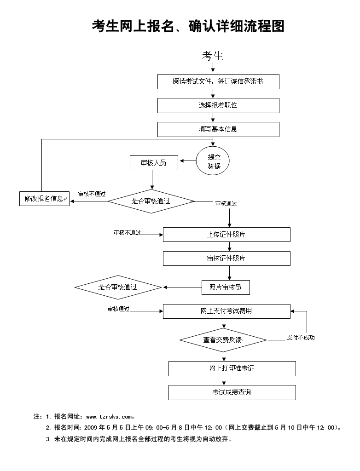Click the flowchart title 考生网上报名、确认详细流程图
click(188, 26)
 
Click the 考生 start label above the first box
click(212, 56)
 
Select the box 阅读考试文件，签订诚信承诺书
click(218, 81)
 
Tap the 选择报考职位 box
click(218, 105)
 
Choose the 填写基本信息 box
click(218, 129)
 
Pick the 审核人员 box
click(154, 163)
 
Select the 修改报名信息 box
click(44, 198)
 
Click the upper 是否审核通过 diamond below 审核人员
click(151, 201)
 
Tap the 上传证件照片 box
click(226, 235)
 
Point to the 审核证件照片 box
click(226, 258)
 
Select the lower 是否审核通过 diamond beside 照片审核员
click(118, 287)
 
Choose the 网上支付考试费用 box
click(226, 311)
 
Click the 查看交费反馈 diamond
click(223, 340)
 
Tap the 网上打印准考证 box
click(232, 368)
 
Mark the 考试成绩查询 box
click(232, 392)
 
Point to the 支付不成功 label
click(301, 338)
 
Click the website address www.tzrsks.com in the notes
click(109, 417)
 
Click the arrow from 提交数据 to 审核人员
click(188, 161)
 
